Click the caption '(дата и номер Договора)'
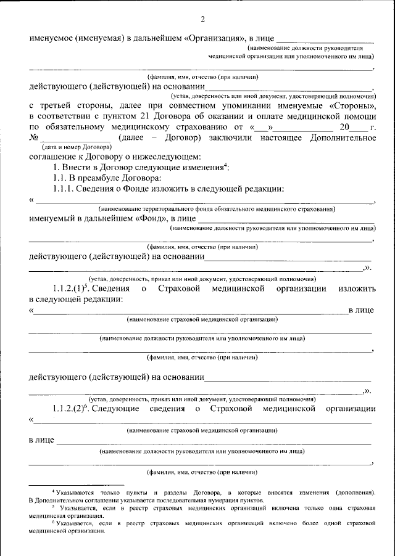click(77, 148)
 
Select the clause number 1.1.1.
click(64, 189)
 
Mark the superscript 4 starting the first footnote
click(54, 491)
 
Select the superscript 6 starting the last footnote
click(54, 521)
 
